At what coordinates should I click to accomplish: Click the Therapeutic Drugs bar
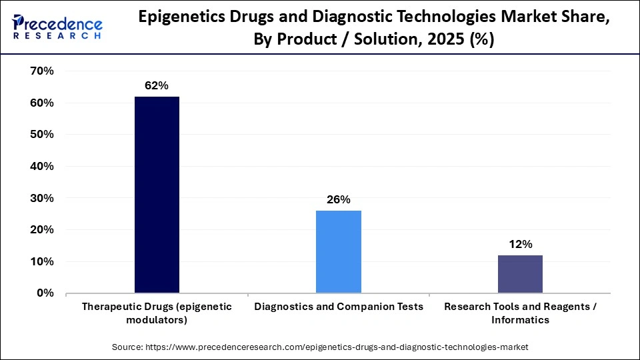(x=157, y=195)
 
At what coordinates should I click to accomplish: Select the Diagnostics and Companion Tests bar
(x=338, y=251)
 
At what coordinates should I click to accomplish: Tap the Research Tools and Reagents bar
(x=520, y=273)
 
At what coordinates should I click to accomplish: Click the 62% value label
(x=157, y=86)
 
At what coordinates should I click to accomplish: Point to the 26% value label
(x=338, y=199)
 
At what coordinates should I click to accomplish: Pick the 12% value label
(x=520, y=244)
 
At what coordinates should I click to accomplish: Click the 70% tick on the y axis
(x=42, y=71)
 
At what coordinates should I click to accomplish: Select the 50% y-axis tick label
(x=42, y=135)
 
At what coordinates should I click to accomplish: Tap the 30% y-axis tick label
(x=42, y=198)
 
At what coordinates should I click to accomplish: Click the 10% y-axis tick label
(x=42, y=261)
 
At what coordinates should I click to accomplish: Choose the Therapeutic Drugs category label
(x=157, y=313)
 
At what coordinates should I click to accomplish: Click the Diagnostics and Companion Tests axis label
(x=338, y=307)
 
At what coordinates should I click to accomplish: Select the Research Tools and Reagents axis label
(x=520, y=313)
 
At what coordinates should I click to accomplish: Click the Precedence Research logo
(x=57, y=27)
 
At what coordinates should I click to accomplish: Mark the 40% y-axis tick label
(x=42, y=167)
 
